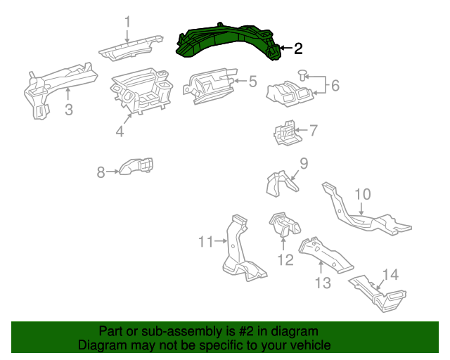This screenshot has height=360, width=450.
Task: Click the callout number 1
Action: tap(127, 22)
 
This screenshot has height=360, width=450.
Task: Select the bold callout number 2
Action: tap(298, 49)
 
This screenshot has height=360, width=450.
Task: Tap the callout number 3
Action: tap(68, 109)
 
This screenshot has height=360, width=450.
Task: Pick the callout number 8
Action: tap(101, 171)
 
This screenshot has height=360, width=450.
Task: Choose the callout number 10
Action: tap(362, 194)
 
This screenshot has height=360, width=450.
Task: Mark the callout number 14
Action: tap(390, 275)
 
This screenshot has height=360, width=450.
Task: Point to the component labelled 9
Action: tap(279, 184)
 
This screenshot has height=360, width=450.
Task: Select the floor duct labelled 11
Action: tap(238, 253)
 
